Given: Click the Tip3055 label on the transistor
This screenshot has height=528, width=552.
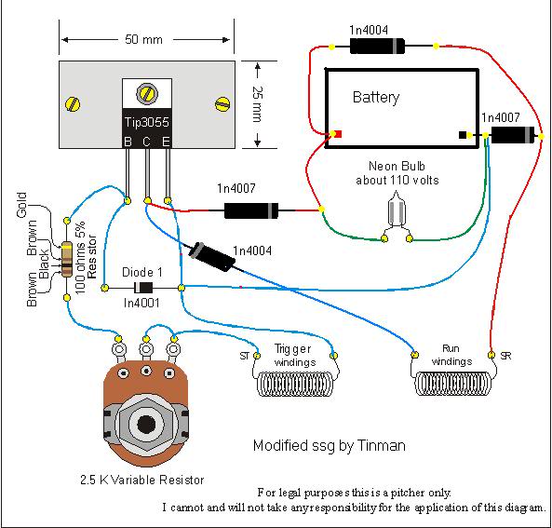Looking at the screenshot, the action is pyautogui.click(x=147, y=122).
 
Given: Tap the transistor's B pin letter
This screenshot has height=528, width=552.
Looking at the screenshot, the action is pyautogui.click(x=128, y=142).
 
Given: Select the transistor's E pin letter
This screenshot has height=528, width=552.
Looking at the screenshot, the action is pyautogui.click(x=166, y=142).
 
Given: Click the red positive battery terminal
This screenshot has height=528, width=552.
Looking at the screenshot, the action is pyautogui.click(x=338, y=134).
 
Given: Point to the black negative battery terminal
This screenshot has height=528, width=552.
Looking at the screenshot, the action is pyautogui.click(x=463, y=135).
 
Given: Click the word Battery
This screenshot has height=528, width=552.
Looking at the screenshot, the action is pyautogui.click(x=376, y=97).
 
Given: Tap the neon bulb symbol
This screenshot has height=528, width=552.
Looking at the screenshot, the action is pyautogui.click(x=397, y=210).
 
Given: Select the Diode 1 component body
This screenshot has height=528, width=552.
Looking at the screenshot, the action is pyautogui.click(x=143, y=288).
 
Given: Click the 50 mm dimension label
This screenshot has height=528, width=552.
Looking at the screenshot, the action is pyautogui.click(x=143, y=39).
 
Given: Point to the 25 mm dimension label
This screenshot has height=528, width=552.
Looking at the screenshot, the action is pyautogui.click(x=257, y=104).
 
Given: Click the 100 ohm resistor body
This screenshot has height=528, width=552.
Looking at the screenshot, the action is pyautogui.click(x=66, y=259).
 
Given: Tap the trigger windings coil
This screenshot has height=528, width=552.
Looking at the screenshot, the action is pyautogui.click(x=295, y=385).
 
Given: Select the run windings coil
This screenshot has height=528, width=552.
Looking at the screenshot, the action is pyautogui.click(x=453, y=384).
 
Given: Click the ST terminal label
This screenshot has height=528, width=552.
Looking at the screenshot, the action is pyautogui.click(x=245, y=356).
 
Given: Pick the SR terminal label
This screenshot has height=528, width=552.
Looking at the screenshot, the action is pyautogui.click(x=505, y=356).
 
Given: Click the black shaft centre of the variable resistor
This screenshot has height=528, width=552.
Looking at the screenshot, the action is pyautogui.click(x=146, y=424).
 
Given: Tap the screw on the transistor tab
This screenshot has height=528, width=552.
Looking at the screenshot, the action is pyautogui.click(x=147, y=93).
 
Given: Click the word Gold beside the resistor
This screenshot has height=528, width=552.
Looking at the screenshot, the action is pyautogui.click(x=21, y=205).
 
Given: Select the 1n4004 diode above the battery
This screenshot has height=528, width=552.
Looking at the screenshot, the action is pyautogui.click(x=377, y=47).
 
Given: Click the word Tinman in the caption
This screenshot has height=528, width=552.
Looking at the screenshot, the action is pyautogui.click(x=382, y=445).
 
